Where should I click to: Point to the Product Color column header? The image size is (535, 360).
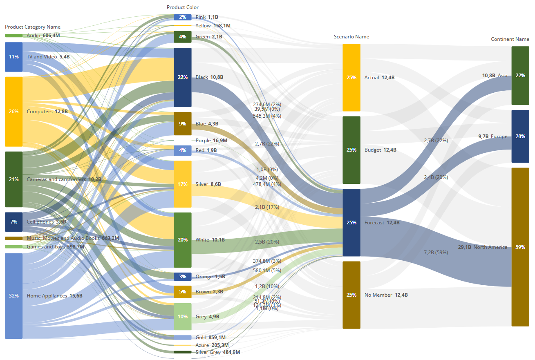click(x=182, y=7)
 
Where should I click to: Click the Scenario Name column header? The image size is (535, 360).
click(x=351, y=37)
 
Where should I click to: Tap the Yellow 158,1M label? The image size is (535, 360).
click(x=213, y=26)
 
